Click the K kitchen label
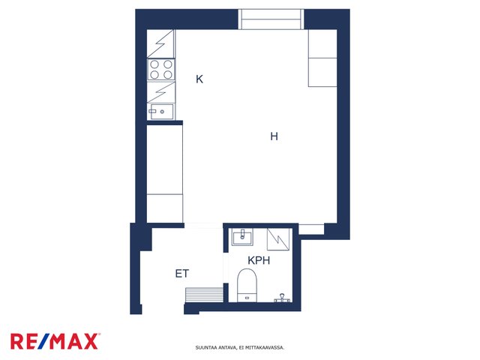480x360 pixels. click(199, 79)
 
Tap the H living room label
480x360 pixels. click(274, 136)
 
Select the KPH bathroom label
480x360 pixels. click(259, 260)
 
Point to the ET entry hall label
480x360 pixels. click(182, 273)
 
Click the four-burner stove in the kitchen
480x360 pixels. click(161, 70)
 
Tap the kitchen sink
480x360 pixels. click(161, 112)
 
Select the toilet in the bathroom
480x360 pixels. click(247, 285)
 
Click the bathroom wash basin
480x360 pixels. click(242, 237)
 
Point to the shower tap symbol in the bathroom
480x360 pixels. click(282, 298)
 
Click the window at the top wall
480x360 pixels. click(271, 19)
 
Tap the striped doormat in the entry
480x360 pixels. click(204, 295)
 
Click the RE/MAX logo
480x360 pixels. click(55, 341)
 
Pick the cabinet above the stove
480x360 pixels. click(161, 43)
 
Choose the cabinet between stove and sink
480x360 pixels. click(161, 91)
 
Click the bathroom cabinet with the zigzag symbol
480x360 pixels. click(278, 239)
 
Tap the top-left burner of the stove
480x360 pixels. click(154, 64)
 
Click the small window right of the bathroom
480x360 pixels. click(311, 229)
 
